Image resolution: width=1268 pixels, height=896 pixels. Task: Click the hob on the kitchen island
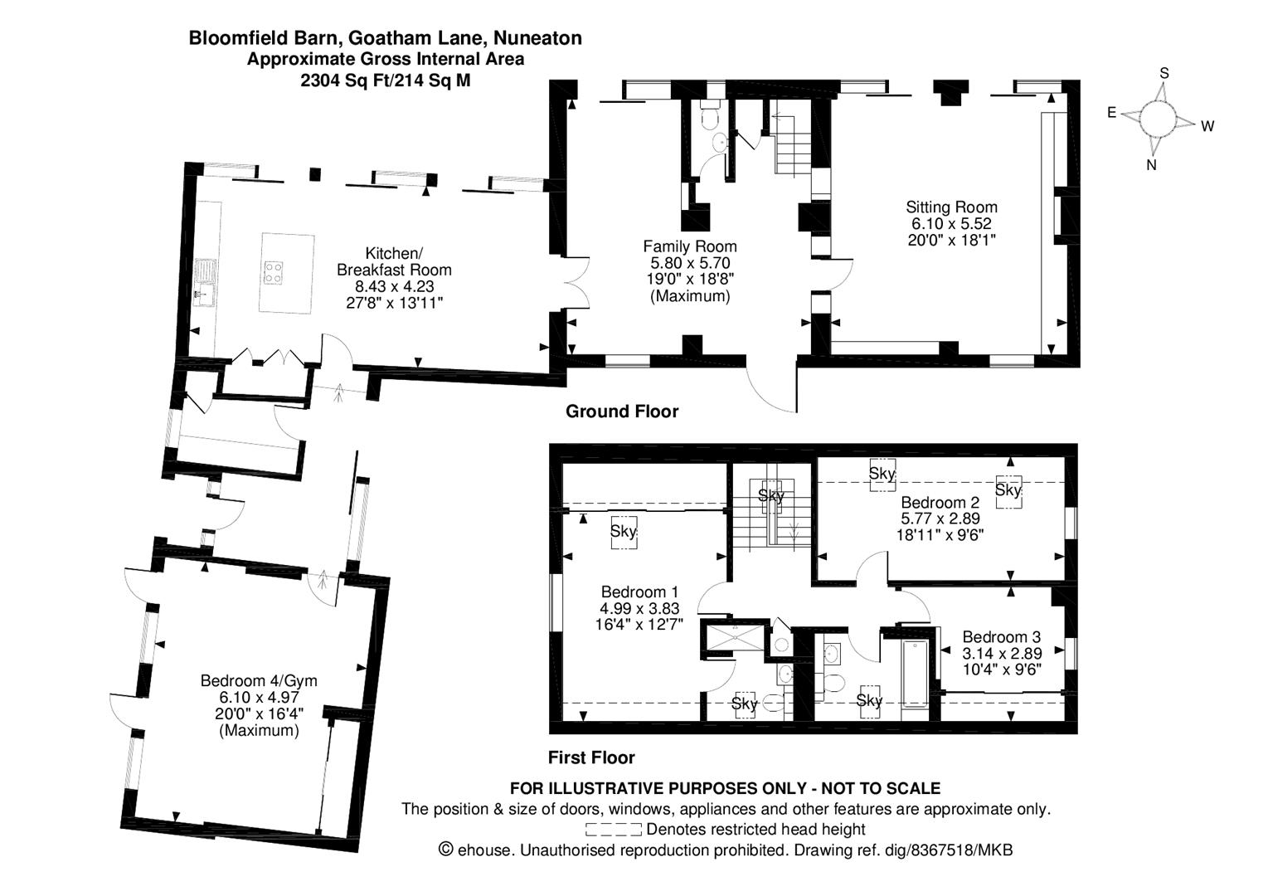click(x=274, y=272)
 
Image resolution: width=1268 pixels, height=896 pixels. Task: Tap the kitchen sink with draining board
click(x=204, y=282)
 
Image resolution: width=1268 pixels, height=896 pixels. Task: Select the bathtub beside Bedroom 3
click(x=915, y=674)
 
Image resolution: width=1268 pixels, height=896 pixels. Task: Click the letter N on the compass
click(x=1151, y=165)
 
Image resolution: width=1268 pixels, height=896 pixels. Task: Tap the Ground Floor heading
click(x=621, y=411)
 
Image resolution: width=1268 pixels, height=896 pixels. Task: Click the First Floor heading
click(x=591, y=757)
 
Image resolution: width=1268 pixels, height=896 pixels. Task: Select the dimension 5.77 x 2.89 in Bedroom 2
click(x=940, y=519)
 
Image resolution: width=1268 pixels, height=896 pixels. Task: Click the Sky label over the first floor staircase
click(x=771, y=495)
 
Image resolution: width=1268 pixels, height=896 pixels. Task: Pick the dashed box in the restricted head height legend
click(x=614, y=830)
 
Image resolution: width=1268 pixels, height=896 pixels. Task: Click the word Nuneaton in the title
click(x=537, y=38)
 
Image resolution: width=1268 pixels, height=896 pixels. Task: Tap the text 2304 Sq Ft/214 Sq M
click(x=385, y=80)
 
